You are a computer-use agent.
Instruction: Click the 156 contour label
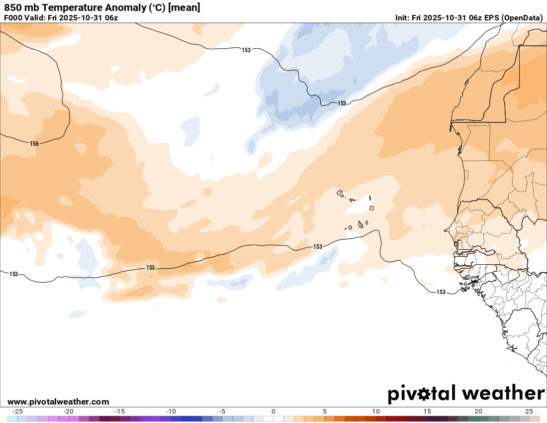(x=34, y=144)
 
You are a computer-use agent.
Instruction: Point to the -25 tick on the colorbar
(x=17, y=412)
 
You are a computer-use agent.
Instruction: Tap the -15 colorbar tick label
(x=119, y=412)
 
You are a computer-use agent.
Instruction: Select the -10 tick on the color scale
(x=171, y=412)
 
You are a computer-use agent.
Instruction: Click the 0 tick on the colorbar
(x=273, y=412)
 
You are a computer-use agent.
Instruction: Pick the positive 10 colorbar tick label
(x=376, y=412)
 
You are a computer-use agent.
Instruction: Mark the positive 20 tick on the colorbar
(x=478, y=412)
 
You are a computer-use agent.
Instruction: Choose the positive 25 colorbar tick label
(x=529, y=412)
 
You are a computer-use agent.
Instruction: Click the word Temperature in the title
(x=71, y=8)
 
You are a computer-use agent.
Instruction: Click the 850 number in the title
(x=12, y=8)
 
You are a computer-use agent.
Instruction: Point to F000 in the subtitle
(x=13, y=18)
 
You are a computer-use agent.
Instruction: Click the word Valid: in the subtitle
(x=36, y=18)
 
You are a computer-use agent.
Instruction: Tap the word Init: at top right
(x=403, y=18)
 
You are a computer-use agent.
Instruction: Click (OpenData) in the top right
(x=522, y=18)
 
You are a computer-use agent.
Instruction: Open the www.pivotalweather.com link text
(x=58, y=402)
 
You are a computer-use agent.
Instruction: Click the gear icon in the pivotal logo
(x=424, y=394)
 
